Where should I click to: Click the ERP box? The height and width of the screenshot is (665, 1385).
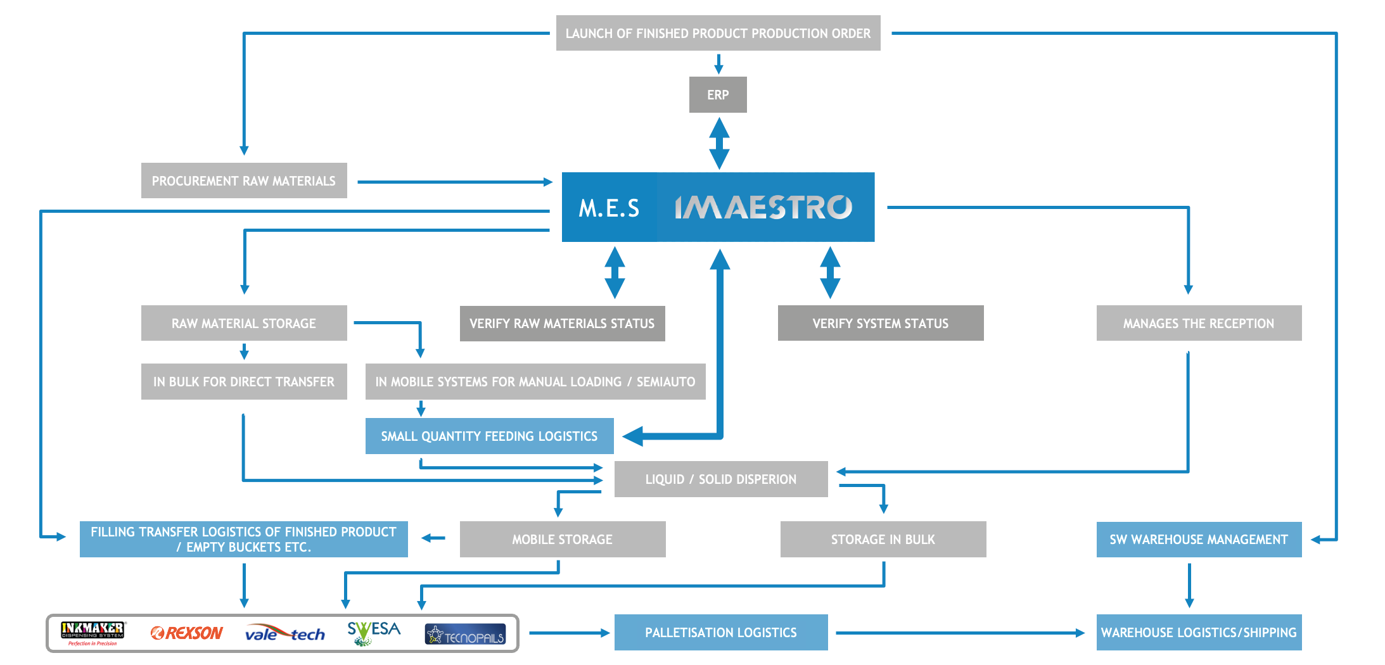(x=718, y=94)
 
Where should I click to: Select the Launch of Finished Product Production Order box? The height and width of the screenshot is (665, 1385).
(x=718, y=33)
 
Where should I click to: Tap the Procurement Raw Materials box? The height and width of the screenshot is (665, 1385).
(x=244, y=180)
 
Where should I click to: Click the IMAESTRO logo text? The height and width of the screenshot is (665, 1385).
(x=763, y=207)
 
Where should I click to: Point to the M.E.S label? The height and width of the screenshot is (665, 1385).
(x=609, y=208)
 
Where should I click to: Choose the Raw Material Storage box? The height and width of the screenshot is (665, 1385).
(x=244, y=323)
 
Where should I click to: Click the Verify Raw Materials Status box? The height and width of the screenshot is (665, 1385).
(x=563, y=323)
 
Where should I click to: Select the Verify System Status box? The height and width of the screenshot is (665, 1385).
(x=881, y=323)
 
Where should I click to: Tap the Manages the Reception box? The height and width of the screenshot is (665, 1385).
(x=1199, y=323)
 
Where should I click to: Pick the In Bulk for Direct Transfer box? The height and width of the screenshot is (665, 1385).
(x=244, y=381)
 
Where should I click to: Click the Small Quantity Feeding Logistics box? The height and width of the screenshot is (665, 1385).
(x=489, y=436)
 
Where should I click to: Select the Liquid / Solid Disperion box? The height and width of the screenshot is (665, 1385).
(x=721, y=479)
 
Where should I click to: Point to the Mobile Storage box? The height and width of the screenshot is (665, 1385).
(x=563, y=539)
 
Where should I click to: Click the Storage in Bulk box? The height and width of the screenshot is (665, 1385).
(x=883, y=539)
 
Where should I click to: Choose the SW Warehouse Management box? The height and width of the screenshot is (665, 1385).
(x=1199, y=539)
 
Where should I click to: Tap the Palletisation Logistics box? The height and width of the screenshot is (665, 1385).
(x=721, y=632)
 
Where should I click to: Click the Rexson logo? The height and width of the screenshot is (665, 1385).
(x=187, y=633)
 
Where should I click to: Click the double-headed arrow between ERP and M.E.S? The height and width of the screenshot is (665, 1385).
(x=718, y=143)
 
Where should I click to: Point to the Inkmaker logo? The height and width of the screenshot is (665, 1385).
(x=93, y=633)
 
